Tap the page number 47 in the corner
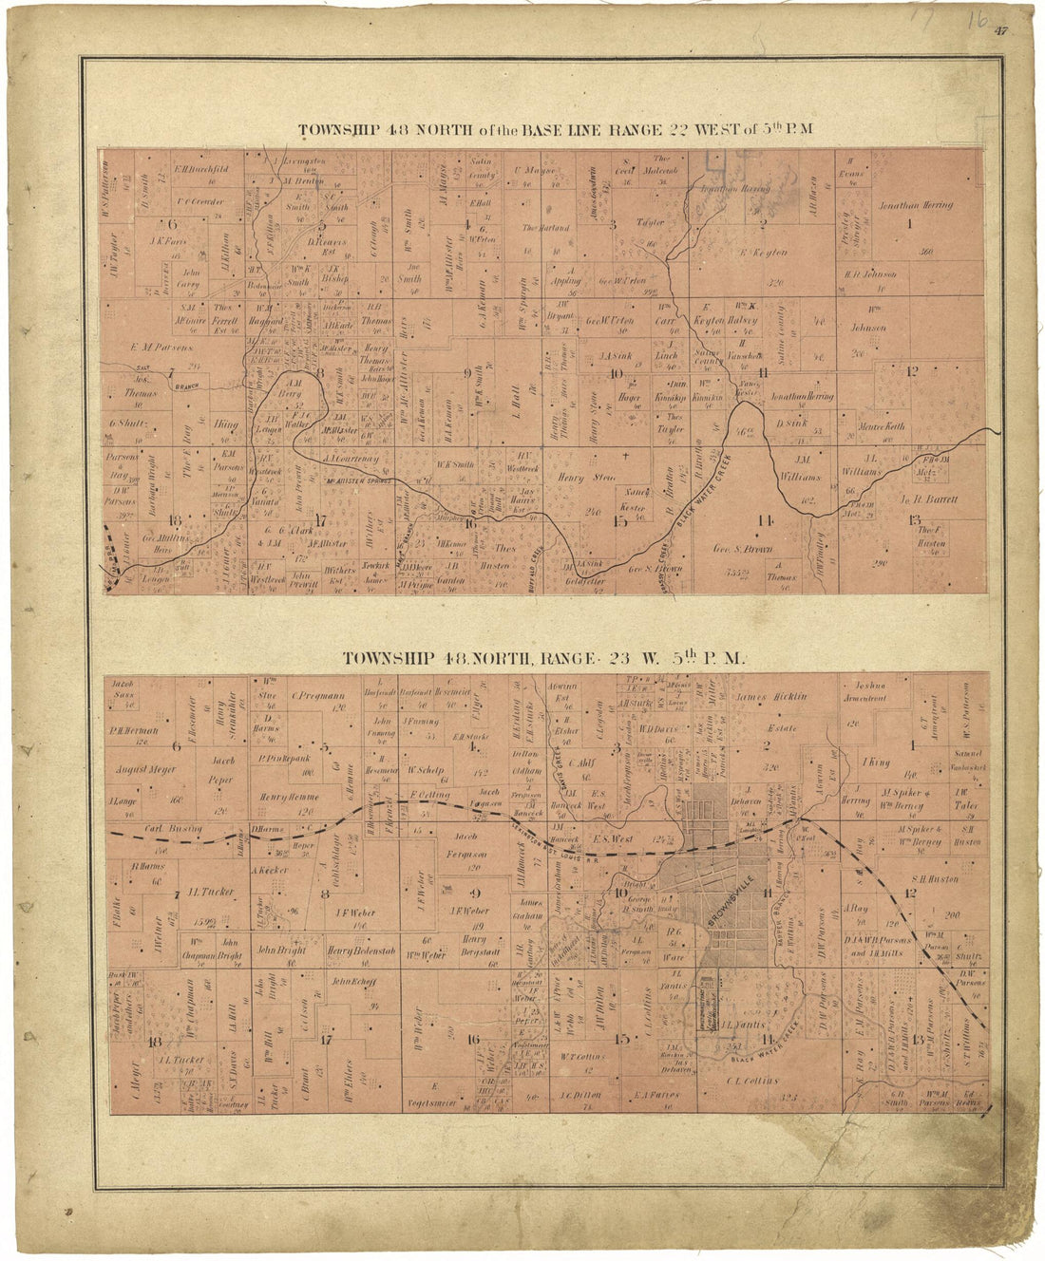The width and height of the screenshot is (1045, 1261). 1001,31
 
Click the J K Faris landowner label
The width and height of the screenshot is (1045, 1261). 166,242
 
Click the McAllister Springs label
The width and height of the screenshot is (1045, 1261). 351,482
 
